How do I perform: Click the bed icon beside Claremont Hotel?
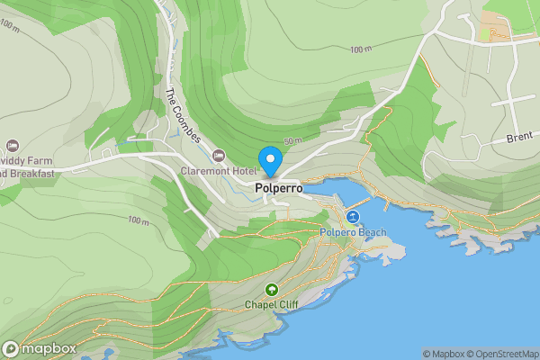(x=219, y=156)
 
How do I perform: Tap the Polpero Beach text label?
(x=353, y=233)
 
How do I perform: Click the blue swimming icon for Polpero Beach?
(x=353, y=218)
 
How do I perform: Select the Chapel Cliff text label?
(x=271, y=305)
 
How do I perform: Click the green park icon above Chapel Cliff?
(x=271, y=290)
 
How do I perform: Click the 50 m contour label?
(x=292, y=141)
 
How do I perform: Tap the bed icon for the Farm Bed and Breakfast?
(x=12, y=145)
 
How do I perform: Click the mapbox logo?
(x=39, y=348)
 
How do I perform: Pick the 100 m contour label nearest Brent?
(x=361, y=49)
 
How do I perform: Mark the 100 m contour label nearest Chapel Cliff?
(x=138, y=220)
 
